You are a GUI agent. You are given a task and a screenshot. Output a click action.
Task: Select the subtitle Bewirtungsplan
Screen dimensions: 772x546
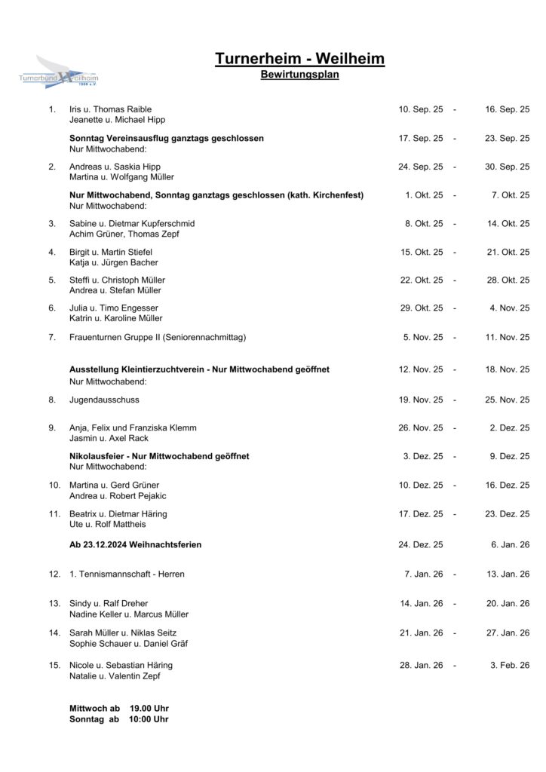(x=299, y=75)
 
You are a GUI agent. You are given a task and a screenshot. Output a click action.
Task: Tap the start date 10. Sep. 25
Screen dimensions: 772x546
(x=420, y=109)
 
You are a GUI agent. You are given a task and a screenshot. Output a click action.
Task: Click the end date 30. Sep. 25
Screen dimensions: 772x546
(x=507, y=167)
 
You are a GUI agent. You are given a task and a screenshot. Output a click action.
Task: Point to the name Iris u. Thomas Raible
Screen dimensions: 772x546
(x=110, y=109)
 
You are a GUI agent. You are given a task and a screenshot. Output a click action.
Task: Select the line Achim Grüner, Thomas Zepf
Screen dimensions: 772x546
(x=119, y=234)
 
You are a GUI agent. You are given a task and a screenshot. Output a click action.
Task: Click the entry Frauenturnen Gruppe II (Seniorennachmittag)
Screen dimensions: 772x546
(x=158, y=337)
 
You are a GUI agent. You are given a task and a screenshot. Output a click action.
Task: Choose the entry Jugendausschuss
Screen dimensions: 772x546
(x=104, y=400)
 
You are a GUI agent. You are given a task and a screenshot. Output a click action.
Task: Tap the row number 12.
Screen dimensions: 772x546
(x=54, y=574)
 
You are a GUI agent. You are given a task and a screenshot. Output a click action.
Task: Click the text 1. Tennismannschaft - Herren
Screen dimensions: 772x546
(x=127, y=574)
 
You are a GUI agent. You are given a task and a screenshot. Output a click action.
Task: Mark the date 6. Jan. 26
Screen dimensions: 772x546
(x=510, y=544)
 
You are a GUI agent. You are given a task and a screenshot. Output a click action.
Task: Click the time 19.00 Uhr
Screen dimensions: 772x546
(x=149, y=709)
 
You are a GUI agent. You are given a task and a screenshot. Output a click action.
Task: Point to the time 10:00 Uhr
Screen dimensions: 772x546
(x=149, y=719)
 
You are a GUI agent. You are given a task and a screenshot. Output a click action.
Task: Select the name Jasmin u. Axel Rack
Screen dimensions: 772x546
(x=109, y=438)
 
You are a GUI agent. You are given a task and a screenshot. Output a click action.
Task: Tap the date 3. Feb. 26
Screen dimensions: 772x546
(x=510, y=665)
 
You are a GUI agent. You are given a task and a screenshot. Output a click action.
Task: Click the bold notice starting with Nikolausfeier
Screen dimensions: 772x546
(x=159, y=456)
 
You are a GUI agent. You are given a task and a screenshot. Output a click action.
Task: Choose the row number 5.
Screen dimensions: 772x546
(x=52, y=280)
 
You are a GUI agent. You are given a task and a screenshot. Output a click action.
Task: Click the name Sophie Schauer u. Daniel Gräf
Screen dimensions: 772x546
(x=128, y=643)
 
